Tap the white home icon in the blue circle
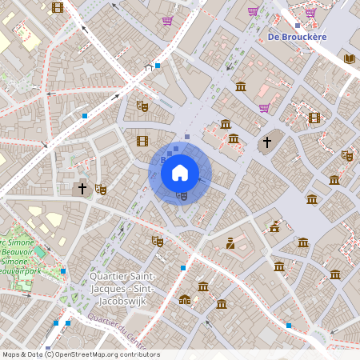(x=180, y=172)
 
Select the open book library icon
(x=349, y=58)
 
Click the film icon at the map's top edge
(x=58, y=7)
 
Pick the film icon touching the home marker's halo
(x=142, y=141)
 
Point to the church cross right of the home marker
(x=267, y=142)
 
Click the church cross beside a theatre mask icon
(x=82, y=189)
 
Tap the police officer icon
(x=230, y=243)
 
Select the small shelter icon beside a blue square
(x=148, y=69)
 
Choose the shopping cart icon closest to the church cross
(x=264, y=108)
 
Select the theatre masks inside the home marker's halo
(x=182, y=194)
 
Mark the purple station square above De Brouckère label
(x=297, y=25)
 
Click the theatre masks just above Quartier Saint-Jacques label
(x=157, y=240)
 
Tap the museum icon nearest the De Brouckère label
(x=241, y=86)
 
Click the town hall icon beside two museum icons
(x=186, y=300)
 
